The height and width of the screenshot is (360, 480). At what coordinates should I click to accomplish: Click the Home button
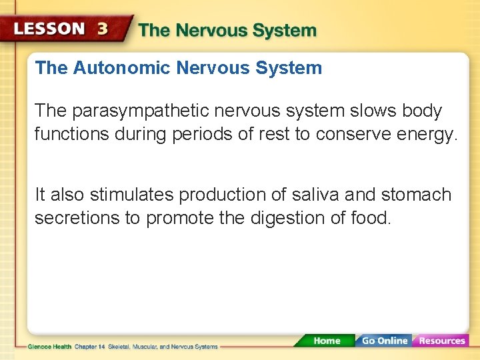click(326, 341)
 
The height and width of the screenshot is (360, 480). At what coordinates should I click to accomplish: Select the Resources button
click(441, 341)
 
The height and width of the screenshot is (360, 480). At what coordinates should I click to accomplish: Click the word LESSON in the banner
click(50, 29)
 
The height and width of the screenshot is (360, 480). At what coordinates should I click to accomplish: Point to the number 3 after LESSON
click(103, 29)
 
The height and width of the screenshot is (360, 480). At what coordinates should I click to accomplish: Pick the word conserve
click(352, 134)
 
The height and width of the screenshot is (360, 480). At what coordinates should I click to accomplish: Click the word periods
click(206, 134)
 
